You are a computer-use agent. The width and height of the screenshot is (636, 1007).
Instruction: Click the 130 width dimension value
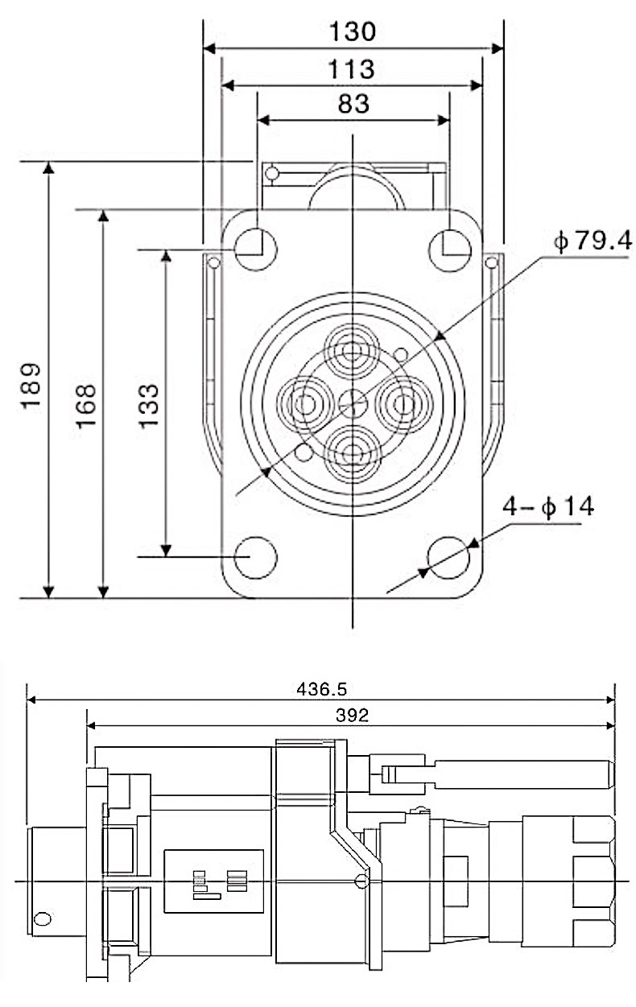(x=353, y=31)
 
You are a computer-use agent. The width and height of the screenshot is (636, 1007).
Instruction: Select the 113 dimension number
(x=352, y=69)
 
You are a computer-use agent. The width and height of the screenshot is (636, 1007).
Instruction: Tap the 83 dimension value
(x=353, y=104)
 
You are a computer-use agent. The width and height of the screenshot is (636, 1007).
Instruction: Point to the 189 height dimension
(x=31, y=386)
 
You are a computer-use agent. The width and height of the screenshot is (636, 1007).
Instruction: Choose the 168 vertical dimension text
(x=86, y=406)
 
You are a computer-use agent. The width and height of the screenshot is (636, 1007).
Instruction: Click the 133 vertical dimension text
(x=149, y=406)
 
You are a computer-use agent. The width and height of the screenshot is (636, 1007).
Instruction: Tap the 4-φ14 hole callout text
(x=548, y=506)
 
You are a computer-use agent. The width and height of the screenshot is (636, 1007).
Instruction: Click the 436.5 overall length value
(x=321, y=689)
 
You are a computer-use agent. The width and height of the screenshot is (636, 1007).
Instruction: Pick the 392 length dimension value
(x=352, y=716)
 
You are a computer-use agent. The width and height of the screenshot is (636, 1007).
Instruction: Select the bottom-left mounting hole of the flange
(x=256, y=558)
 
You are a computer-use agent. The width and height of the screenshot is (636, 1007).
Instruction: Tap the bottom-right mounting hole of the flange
(x=448, y=558)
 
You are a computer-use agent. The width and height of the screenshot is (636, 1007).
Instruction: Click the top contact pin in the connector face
(x=353, y=352)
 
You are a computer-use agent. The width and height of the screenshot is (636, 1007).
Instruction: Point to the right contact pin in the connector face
(x=403, y=403)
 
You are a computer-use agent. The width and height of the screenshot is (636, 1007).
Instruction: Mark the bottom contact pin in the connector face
(x=353, y=454)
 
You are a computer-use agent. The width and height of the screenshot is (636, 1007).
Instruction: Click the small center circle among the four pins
(x=353, y=403)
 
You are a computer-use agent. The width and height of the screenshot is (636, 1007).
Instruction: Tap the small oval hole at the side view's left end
(x=43, y=918)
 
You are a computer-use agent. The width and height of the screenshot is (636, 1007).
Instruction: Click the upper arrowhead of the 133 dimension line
(x=167, y=256)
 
